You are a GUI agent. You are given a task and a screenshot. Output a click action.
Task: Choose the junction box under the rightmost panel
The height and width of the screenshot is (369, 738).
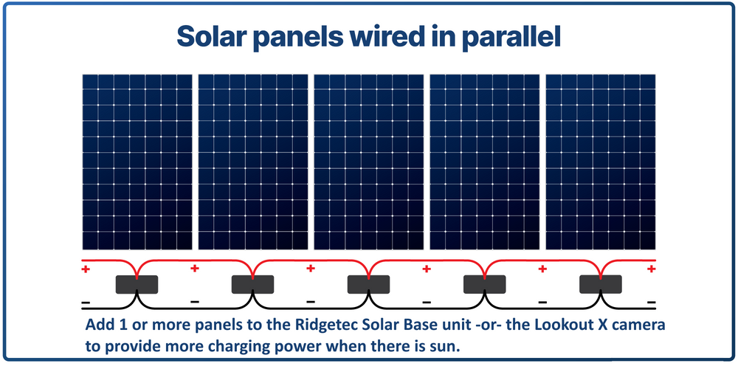[600, 284]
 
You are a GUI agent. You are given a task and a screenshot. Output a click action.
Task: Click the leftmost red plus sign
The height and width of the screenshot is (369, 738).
[86, 270]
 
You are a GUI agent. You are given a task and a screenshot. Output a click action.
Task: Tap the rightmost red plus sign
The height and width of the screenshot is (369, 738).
[651, 270]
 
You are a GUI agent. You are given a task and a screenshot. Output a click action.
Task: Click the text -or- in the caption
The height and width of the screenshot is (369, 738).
[461, 325]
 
